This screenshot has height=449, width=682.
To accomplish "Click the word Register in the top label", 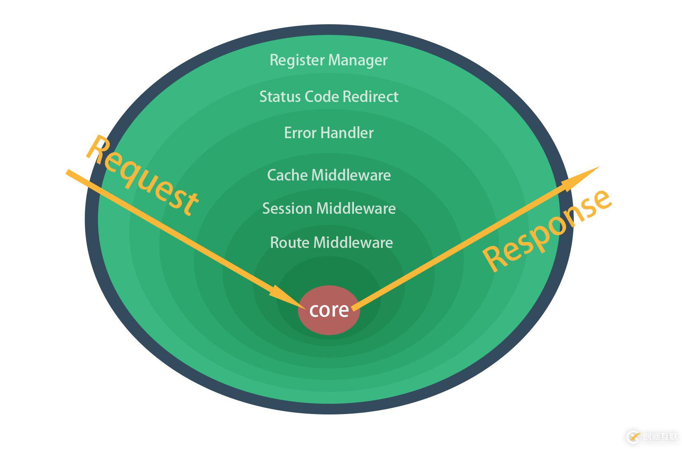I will [x=297, y=60].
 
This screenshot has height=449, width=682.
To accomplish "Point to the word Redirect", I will [x=370, y=97].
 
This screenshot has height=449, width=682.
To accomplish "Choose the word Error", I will [x=300, y=133].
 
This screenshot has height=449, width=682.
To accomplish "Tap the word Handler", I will [x=347, y=133].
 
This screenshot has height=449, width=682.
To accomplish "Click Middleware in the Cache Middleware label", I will [x=351, y=175].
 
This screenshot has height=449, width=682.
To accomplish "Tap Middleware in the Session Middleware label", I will [x=356, y=208].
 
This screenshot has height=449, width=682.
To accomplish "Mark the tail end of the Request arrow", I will [x=68, y=171].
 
